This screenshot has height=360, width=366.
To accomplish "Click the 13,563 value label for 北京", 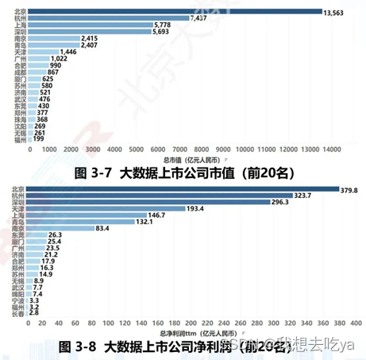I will pyautogui.click(x=333, y=11).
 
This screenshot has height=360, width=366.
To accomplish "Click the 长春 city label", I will pyautogui.click(x=17, y=313).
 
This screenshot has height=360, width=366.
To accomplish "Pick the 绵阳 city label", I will pyautogui.click(x=17, y=293).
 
